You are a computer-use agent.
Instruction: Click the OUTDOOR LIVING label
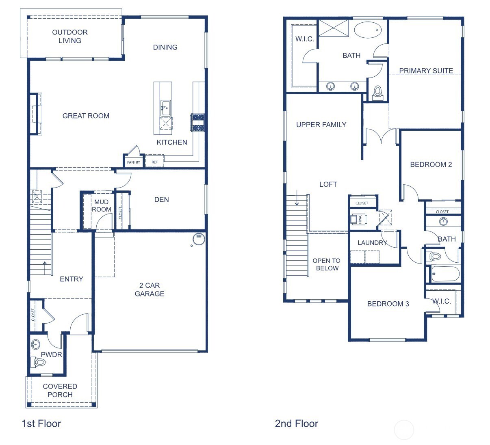[x=70, y=36]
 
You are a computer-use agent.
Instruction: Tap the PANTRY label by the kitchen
[x=133, y=162]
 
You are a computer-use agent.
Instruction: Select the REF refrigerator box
[x=155, y=162]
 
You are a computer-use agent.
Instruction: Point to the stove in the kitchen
[x=197, y=122]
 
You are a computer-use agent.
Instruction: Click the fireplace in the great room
[x=36, y=114]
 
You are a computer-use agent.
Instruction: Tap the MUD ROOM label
[x=101, y=205]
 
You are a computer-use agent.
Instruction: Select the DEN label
[x=161, y=199]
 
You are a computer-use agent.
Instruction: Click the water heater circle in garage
[x=199, y=239]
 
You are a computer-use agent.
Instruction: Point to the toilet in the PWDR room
[x=39, y=362]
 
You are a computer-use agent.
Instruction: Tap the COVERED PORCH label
[x=60, y=390]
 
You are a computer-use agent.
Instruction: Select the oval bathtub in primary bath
[x=368, y=30]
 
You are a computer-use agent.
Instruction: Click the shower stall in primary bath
[x=333, y=28]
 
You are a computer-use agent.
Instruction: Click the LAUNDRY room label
[x=372, y=243]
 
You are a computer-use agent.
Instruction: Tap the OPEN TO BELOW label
[x=327, y=264]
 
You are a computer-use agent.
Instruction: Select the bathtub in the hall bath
[x=445, y=274]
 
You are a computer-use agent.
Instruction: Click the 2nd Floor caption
[x=296, y=423]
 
